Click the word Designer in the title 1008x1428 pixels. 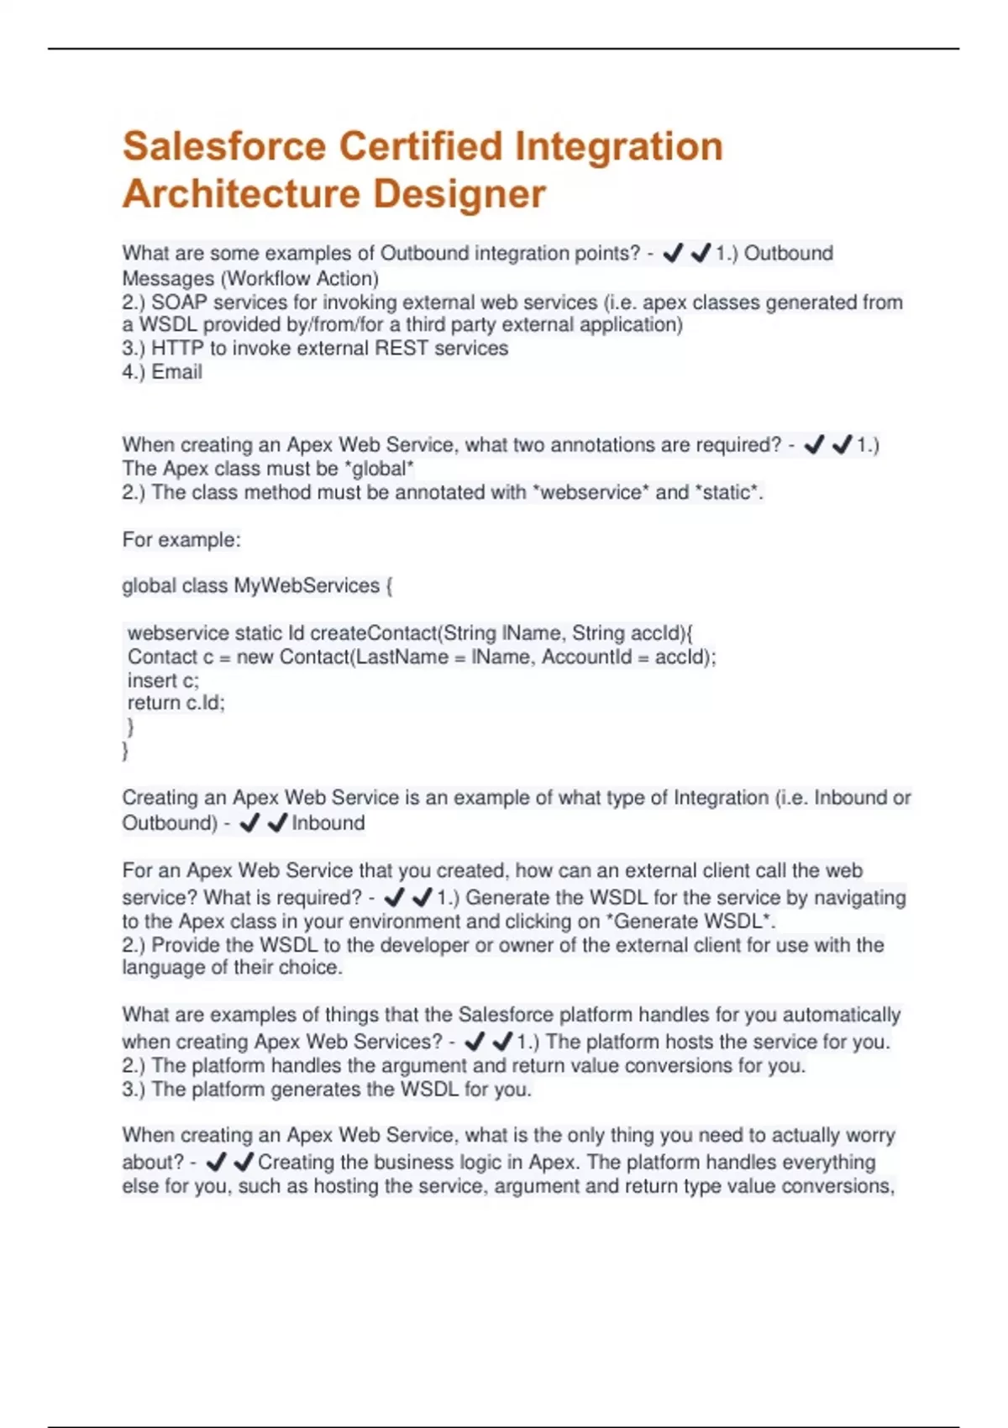(x=459, y=194)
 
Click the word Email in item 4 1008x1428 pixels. (x=176, y=372)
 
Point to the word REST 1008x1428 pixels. (x=401, y=349)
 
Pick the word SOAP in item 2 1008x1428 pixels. (x=179, y=302)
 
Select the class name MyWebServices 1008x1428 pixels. (x=307, y=585)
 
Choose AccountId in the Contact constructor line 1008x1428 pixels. (x=586, y=657)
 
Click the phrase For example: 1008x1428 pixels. (x=181, y=539)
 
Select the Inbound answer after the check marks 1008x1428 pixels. (x=328, y=823)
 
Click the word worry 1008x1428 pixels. (x=869, y=1136)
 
